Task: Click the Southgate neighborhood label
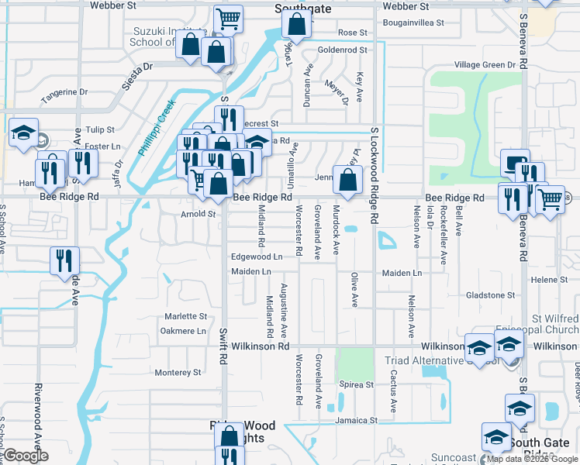point(302,9)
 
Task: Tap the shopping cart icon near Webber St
point(228,19)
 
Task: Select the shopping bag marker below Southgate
point(296,26)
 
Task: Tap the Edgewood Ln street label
point(255,257)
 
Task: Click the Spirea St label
point(357,384)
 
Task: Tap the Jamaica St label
point(356,420)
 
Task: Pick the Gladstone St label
point(490,295)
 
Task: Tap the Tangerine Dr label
point(64,92)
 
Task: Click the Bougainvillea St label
point(413,23)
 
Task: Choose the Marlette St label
point(185,316)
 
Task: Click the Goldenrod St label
point(342,50)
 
